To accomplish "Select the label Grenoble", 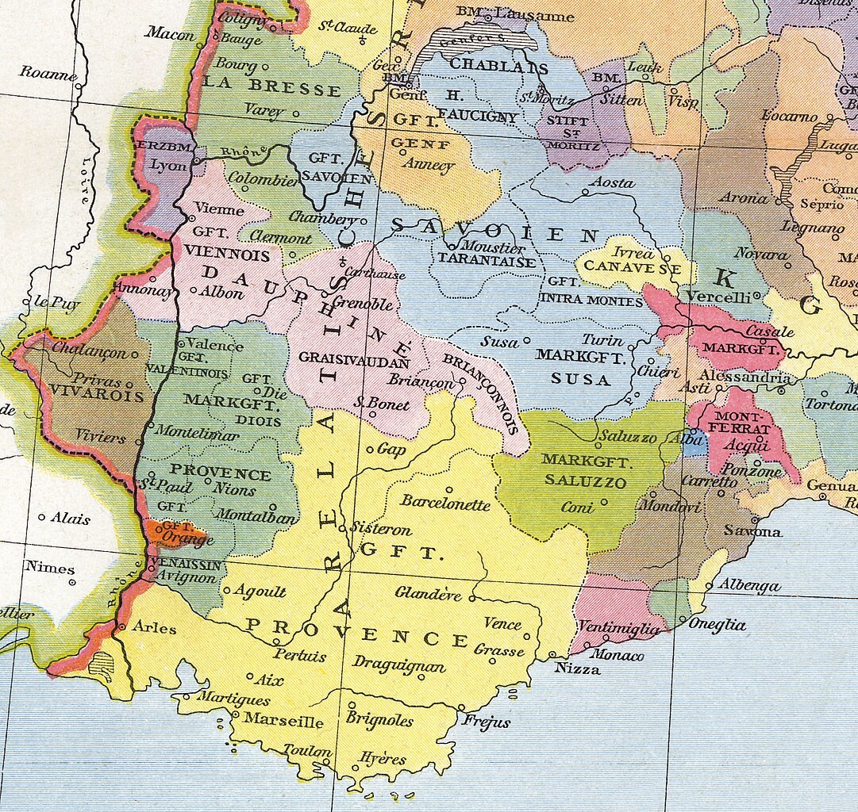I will [362, 304].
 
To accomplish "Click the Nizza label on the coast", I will [577, 668].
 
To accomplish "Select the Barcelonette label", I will [445, 503].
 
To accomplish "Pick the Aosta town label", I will [613, 182].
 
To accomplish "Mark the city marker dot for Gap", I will [370, 450].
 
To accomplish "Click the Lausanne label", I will [534, 14].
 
